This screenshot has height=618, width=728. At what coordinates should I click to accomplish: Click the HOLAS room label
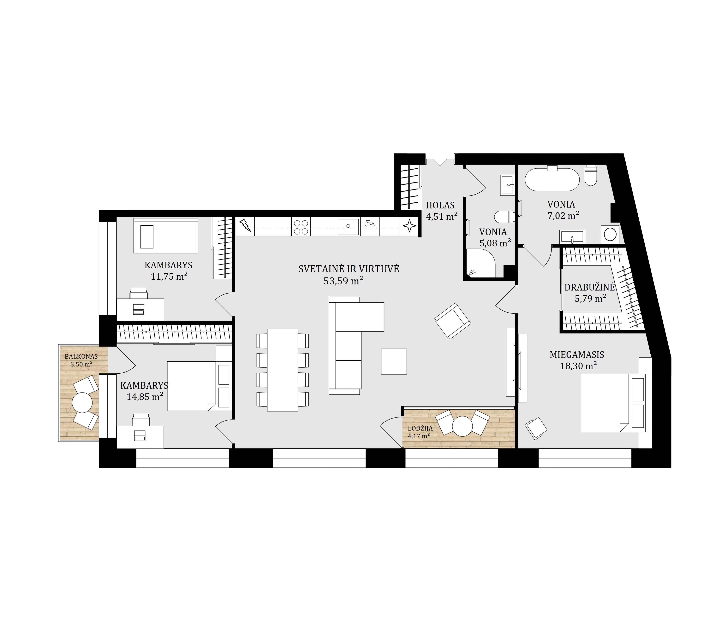click(440, 205)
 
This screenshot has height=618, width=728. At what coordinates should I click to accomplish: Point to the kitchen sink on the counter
click(348, 227)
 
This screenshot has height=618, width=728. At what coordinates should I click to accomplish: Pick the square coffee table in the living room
click(394, 361)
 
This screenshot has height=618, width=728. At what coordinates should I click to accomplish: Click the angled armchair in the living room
click(452, 321)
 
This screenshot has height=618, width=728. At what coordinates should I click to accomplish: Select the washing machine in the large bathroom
click(610, 234)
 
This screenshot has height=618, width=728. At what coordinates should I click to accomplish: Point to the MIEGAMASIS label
click(577, 355)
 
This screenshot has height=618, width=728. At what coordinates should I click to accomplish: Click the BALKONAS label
click(81, 357)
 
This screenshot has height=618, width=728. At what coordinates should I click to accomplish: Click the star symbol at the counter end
click(409, 226)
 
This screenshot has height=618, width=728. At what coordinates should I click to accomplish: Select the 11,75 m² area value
click(169, 277)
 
